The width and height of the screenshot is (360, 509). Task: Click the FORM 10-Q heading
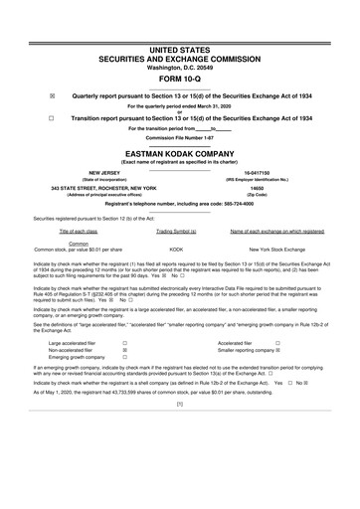click(x=180, y=79)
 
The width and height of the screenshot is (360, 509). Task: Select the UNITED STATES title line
click(x=180, y=49)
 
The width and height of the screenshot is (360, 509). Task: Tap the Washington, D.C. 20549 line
click(x=180, y=67)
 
